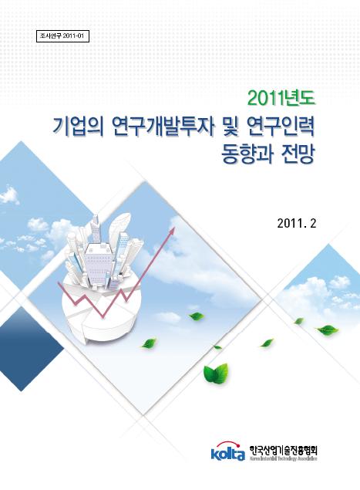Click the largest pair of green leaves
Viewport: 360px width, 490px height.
[215, 373]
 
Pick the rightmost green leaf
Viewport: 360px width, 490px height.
[327, 329]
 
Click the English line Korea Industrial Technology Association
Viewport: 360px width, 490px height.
[283, 458]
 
